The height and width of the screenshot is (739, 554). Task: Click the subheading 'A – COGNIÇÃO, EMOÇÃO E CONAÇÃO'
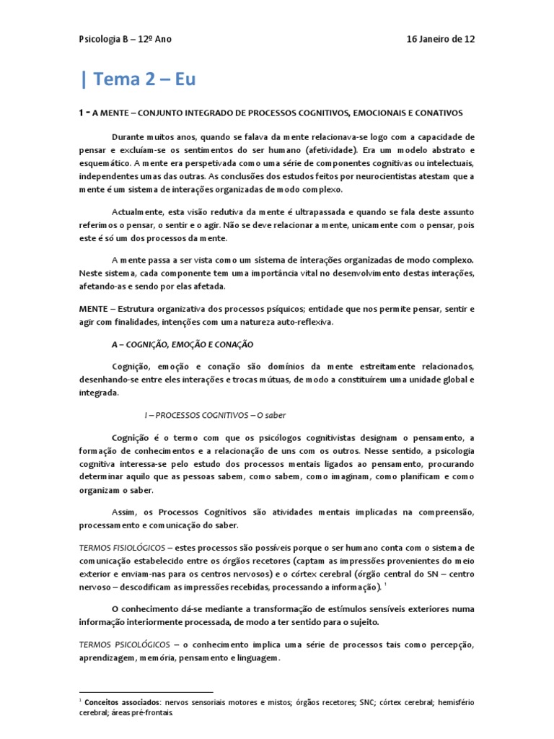click(x=183, y=344)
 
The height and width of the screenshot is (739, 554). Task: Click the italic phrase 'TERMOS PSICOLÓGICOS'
click(x=126, y=644)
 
